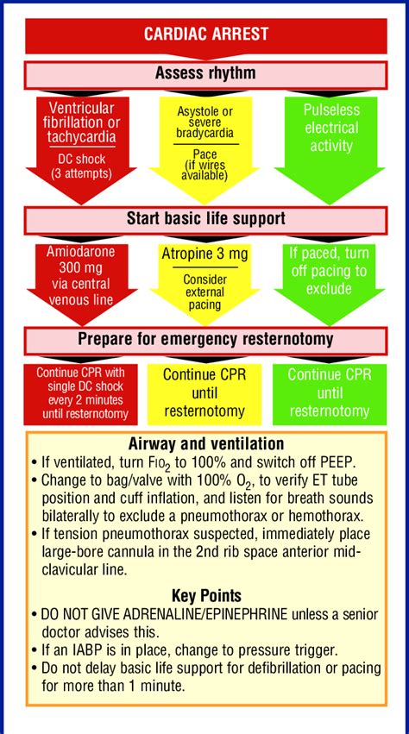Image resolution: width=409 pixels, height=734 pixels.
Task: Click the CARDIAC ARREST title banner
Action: [204, 35]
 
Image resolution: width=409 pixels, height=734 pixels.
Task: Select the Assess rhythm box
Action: [204, 73]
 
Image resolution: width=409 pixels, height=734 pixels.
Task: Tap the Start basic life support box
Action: [204, 218]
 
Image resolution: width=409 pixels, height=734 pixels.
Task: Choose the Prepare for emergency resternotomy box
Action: [204, 339]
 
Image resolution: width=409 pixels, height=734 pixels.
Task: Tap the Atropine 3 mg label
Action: [204, 256]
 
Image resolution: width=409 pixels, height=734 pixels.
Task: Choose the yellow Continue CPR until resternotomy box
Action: [204, 393]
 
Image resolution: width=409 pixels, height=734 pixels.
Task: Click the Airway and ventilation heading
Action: [204, 444]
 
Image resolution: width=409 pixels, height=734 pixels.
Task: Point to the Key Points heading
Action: [204, 595]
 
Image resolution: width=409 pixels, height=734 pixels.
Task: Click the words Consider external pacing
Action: [204, 292]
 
